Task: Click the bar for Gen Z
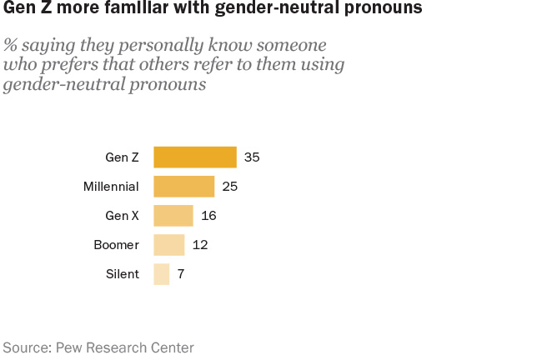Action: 194,157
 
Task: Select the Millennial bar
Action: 183,186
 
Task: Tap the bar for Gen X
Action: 173,216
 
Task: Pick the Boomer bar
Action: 168,245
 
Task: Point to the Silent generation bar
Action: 161,274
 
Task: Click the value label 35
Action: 253,157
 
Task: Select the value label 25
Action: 230,186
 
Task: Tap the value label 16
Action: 209,216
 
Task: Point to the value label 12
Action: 199,245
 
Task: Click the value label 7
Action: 180,274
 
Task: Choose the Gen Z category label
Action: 122,157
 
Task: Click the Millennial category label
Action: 111,186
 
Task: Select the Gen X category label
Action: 122,216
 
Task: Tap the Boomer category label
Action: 116,245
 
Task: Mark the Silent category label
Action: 123,274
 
